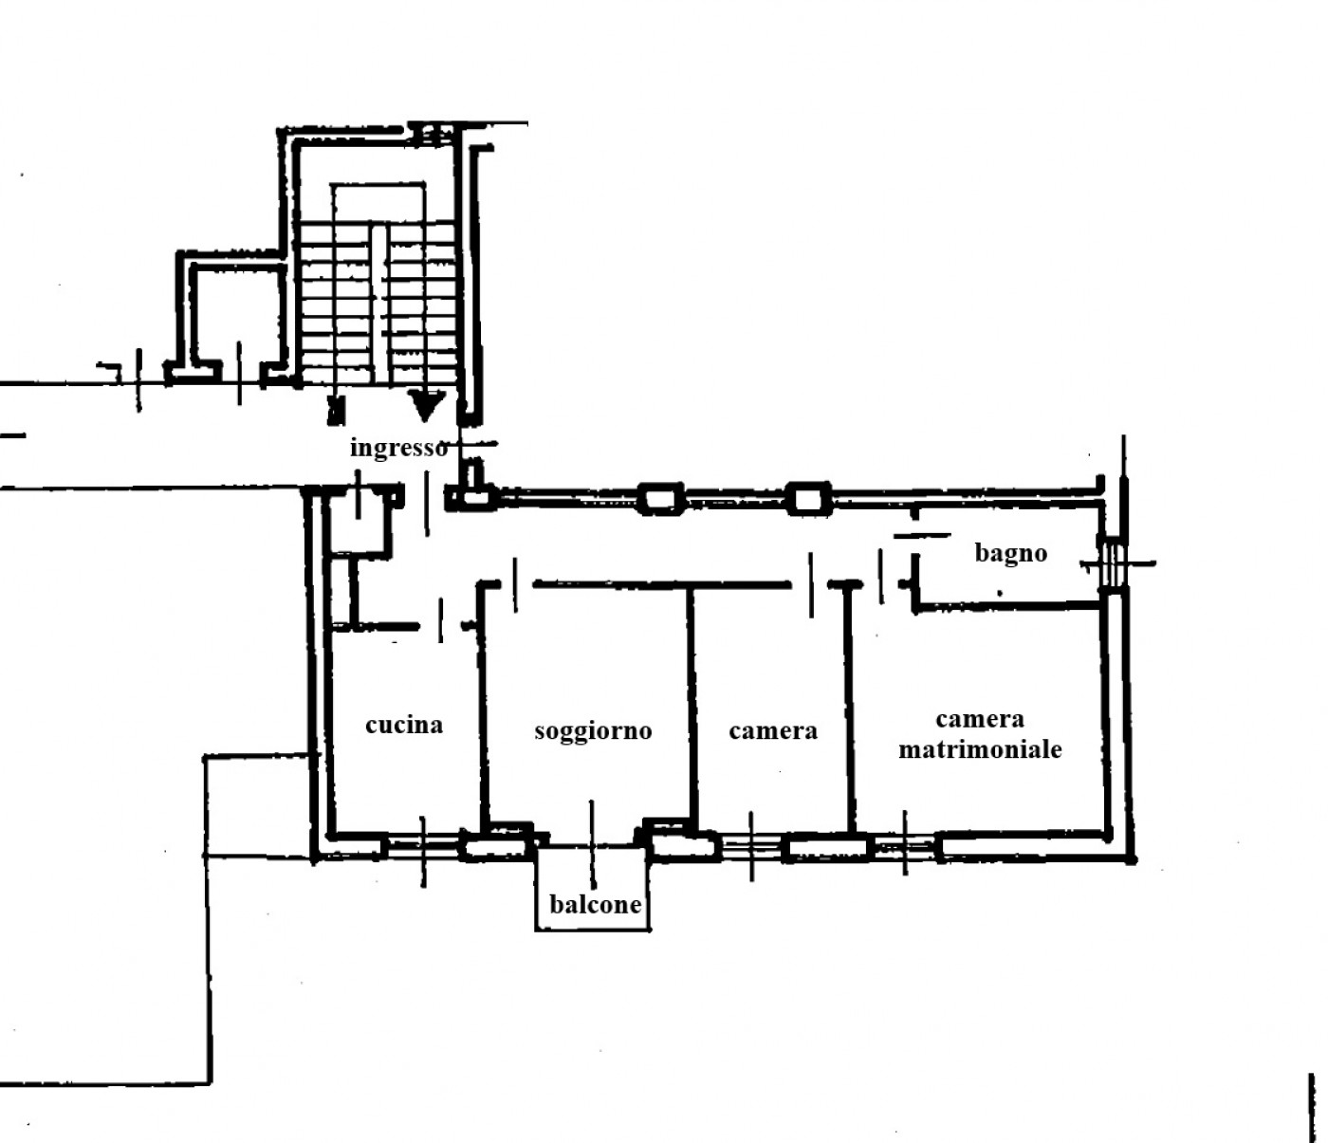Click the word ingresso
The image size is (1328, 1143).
point(398,449)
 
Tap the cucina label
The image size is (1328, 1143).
point(404,725)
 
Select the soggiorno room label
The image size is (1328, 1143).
point(593,731)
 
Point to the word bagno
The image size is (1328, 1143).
point(1010,554)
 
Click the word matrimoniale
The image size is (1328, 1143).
point(980,749)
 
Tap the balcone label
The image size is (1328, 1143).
point(596,905)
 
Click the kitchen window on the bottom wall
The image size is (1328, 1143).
point(423,846)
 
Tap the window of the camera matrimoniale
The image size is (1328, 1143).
point(905,845)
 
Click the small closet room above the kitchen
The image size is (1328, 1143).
point(359,523)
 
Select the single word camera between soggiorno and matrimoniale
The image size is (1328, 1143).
point(773,731)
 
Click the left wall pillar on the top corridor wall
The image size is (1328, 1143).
point(660,499)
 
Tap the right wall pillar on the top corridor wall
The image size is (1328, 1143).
point(809,499)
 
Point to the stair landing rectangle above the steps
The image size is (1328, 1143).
point(378,202)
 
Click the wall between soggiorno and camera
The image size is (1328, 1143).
point(692,704)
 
